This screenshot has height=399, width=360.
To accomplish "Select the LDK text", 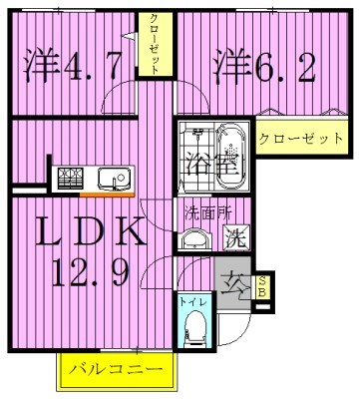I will (88, 234).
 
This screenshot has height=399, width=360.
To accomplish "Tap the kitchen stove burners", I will (71, 178).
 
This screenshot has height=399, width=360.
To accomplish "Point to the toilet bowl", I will (195, 325).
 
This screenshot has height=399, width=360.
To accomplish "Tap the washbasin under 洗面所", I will (193, 237).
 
